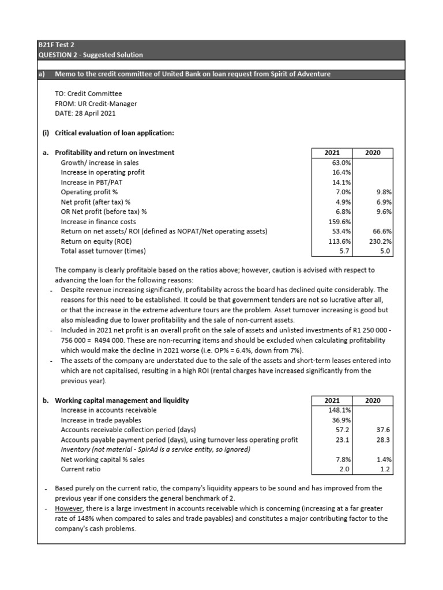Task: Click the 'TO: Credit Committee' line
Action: pos(88,94)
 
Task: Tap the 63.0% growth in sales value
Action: pos(342,162)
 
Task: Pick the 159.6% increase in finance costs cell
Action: pos(341,221)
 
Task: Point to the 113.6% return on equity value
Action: pos(341,241)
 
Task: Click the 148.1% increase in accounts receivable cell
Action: pos(341,410)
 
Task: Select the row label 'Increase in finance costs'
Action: pos(99,221)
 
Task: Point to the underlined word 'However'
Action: pos(68,509)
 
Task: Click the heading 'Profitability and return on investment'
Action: pos(114,153)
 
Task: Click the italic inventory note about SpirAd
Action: pos(156,449)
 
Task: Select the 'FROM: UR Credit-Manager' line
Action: pos(95,104)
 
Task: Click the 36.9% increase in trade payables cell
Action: pos(342,420)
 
